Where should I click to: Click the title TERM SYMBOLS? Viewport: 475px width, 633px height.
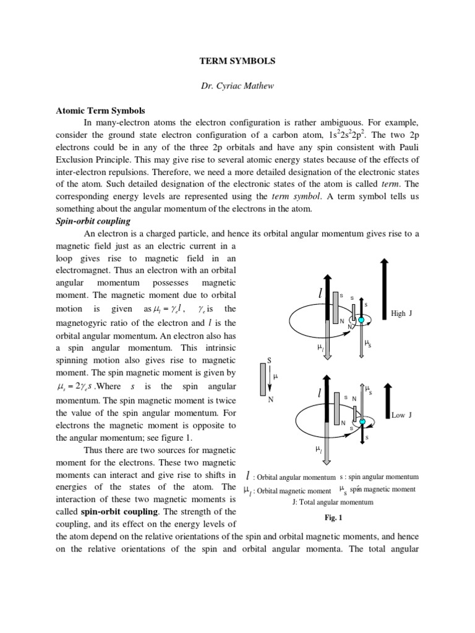pyautogui.click(x=237, y=62)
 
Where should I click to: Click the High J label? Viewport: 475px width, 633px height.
pyautogui.click(x=401, y=313)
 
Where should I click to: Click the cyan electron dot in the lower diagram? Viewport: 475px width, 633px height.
pyautogui.click(x=363, y=422)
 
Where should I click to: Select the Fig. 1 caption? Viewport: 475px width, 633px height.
pyautogui.click(x=333, y=517)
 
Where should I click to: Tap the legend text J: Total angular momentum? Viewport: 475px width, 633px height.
pyautogui.click(x=333, y=502)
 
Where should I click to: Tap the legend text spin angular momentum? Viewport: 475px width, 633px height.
pyautogui.click(x=379, y=477)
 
